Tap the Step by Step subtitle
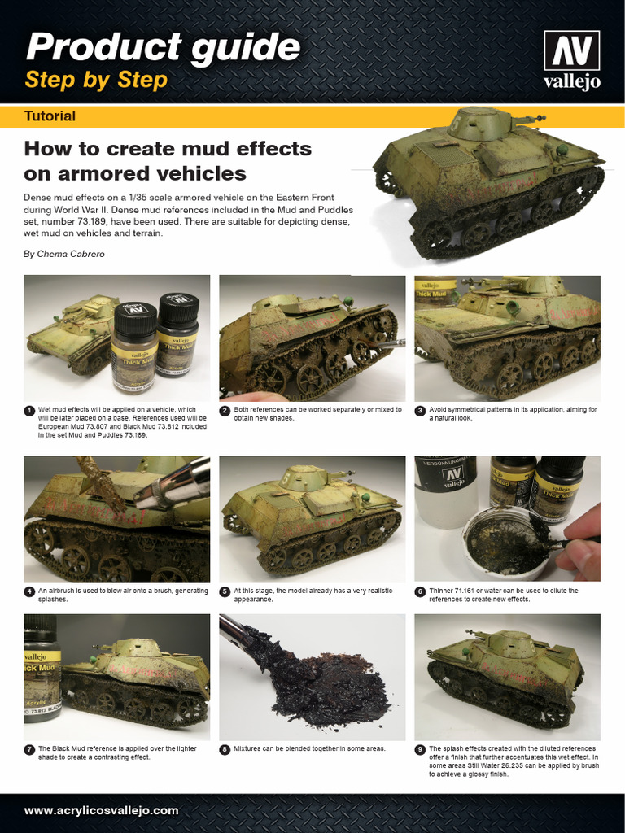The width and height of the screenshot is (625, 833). [96, 80]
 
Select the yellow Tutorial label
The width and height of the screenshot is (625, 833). [50, 116]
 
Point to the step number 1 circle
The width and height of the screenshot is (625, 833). [29, 410]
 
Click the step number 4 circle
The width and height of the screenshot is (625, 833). [29, 591]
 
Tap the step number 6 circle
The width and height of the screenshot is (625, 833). [420, 591]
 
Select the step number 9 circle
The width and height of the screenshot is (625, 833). [420, 749]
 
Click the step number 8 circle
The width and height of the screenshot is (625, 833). [225, 749]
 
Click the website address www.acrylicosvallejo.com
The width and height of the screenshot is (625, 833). [101, 810]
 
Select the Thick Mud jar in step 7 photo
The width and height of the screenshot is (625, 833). [41, 667]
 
